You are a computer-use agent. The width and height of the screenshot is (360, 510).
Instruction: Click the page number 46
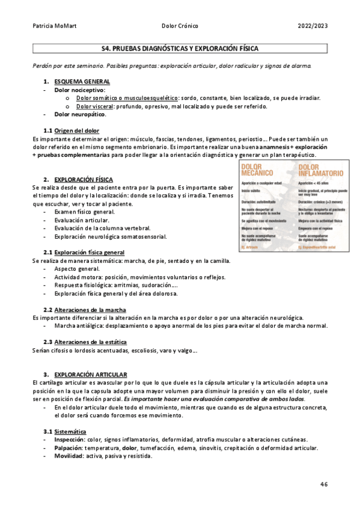pos(323,484)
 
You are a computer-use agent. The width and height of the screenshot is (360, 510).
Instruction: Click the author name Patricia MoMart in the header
pos(52,26)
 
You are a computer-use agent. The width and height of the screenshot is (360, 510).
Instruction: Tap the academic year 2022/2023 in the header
pos(313,26)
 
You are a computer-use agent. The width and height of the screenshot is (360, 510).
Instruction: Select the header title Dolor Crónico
pos(180,26)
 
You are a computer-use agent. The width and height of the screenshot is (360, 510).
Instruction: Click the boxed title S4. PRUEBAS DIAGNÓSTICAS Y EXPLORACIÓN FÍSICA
pos(180,48)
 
